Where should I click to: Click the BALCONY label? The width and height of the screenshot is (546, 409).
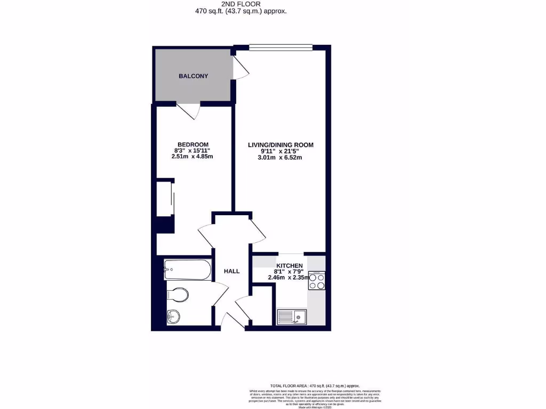[193, 76]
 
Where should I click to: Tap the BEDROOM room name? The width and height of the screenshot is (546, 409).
[192, 144]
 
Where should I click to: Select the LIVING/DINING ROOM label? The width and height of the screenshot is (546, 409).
[280, 145]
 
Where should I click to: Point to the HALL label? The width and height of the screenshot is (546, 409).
[231, 271]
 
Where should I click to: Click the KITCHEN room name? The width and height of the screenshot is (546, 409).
[290, 266]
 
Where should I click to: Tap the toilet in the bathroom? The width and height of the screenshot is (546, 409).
[177, 294]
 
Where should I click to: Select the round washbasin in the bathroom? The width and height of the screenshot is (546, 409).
[173, 316]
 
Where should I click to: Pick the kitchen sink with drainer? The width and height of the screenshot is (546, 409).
[291, 317]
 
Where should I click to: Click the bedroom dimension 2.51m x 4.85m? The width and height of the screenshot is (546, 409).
[192, 157]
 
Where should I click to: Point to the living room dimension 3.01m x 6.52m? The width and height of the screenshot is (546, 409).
[280, 157]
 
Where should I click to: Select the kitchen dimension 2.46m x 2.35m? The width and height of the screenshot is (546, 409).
[290, 277]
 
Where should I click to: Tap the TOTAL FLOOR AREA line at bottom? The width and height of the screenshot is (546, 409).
[315, 386]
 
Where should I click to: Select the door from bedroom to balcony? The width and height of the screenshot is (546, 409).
[189, 111]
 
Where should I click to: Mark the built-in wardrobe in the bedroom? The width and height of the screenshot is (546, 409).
[165, 199]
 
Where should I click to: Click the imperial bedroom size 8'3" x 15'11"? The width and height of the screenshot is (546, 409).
[192, 151]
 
